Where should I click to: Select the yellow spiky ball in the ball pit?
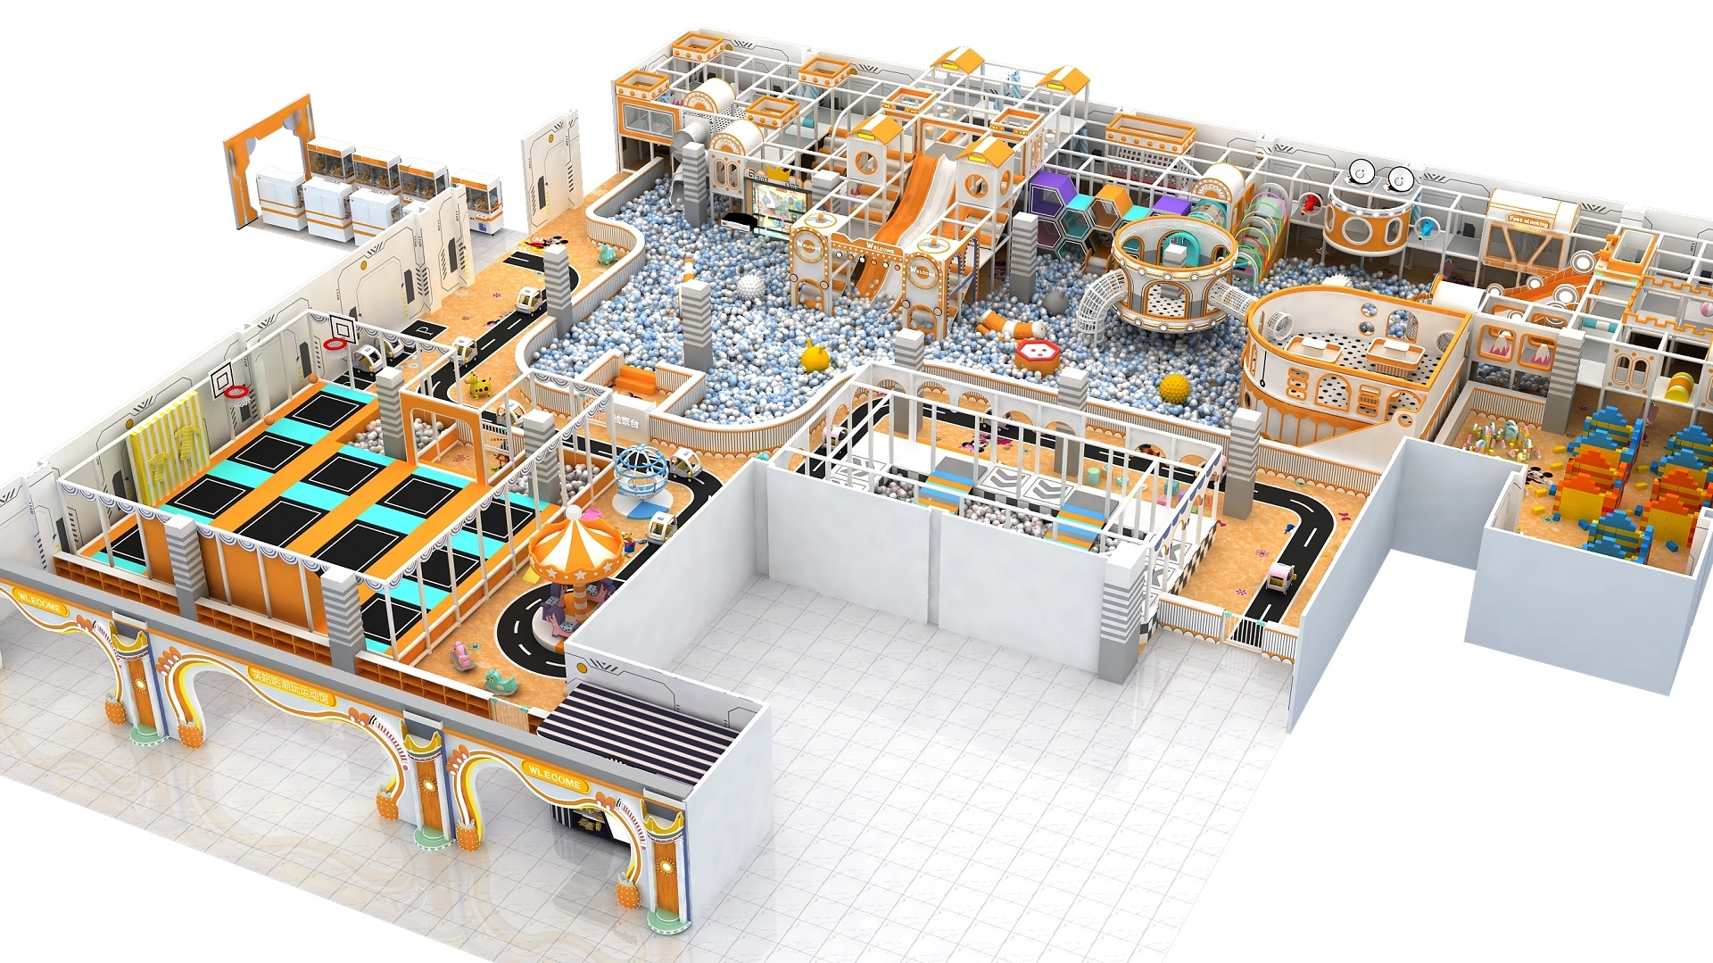(1174, 388)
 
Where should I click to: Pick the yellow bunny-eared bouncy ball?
(814, 357)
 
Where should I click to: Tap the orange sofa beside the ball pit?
(637, 380)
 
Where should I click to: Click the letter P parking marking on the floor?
(426, 329)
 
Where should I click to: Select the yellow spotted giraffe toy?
(480, 386)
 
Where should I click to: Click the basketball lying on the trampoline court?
(267, 417)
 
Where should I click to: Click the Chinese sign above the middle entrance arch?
(289, 685)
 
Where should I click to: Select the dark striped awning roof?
(637, 731)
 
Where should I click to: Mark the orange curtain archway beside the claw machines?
(268, 161)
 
